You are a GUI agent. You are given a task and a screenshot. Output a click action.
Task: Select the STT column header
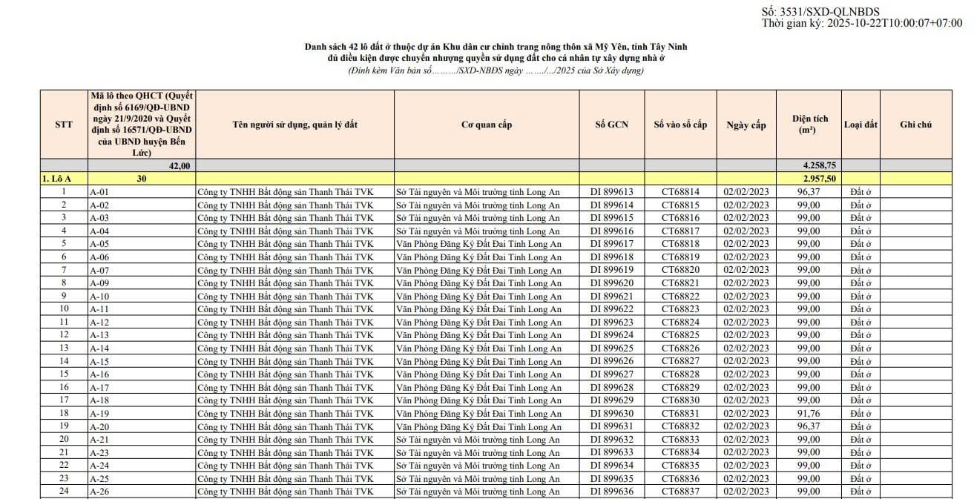click(x=64, y=125)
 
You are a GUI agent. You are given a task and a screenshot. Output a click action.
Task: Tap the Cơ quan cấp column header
click(x=487, y=125)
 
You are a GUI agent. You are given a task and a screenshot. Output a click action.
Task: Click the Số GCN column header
click(x=611, y=125)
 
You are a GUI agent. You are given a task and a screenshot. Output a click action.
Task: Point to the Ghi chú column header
click(x=915, y=125)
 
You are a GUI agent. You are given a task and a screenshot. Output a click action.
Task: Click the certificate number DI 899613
click(x=611, y=192)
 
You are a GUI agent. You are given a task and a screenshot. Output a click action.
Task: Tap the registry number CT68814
click(x=680, y=192)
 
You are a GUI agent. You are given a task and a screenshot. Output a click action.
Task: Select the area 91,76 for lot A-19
click(x=808, y=414)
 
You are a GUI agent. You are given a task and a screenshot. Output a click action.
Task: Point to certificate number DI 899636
click(x=611, y=492)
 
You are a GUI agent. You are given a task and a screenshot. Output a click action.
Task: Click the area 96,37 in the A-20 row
click(x=808, y=426)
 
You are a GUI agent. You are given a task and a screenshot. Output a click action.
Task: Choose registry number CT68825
click(x=680, y=335)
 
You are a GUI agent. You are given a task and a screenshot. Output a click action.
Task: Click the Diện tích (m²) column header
click(x=809, y=124)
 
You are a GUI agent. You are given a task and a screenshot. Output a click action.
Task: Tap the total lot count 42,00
click(x=180, y=165)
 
